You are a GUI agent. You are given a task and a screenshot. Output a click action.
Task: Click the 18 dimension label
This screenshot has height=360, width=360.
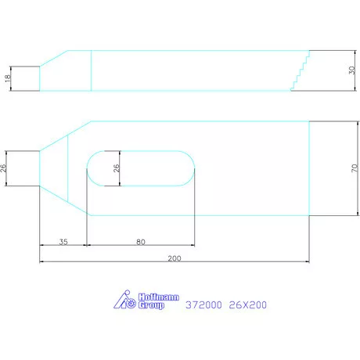click(x=7, y=77)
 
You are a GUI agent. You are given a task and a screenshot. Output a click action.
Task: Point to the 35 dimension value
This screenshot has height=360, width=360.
click(x=63, y=242)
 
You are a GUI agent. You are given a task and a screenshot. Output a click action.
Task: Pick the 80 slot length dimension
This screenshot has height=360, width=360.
click(x=140, y=242)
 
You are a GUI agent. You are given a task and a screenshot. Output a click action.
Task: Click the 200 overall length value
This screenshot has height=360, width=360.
click(x=173, y=257)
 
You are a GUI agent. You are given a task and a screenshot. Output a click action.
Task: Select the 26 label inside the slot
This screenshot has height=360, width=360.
click(x=116, y=167)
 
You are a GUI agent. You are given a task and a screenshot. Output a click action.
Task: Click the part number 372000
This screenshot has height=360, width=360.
click(x=202, y=306)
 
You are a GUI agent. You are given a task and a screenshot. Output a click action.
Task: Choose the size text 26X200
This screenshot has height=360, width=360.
click(x=250, y=306)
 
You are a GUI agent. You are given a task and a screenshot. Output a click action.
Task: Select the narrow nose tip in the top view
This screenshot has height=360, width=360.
click(x=38, y=167)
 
